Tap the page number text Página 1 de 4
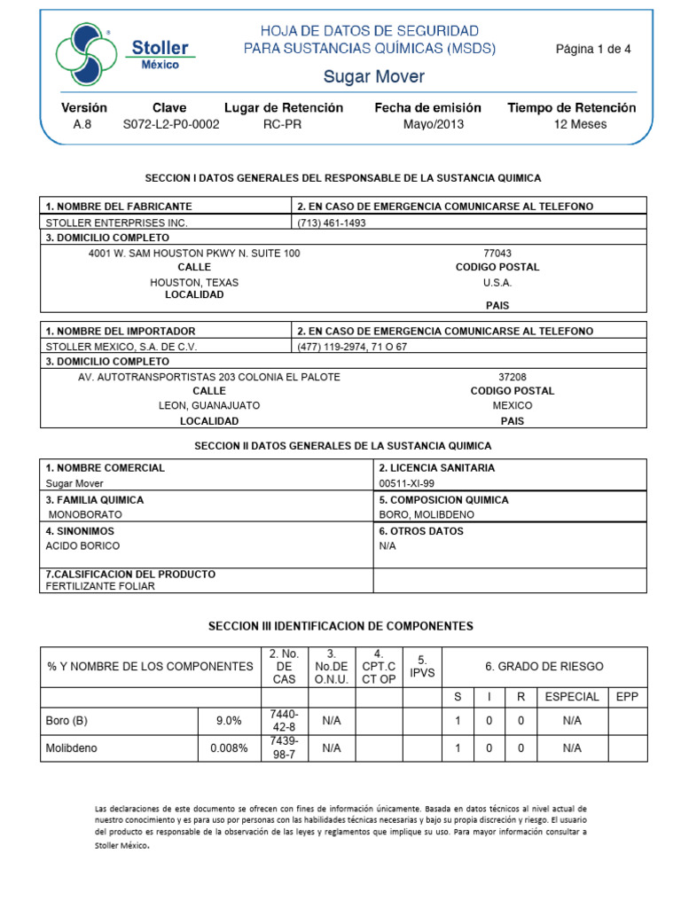(x=593, y=49)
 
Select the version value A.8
(x=82, y=124)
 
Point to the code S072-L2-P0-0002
(x=170, y=124)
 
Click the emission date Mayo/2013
(x=433, y=124)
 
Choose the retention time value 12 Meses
(x=580, y=124)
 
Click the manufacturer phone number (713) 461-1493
(x=332, y=223)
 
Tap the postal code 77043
(x=497, y=253)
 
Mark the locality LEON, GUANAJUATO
(x=209, y=405)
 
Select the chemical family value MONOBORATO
(x=85, y=514)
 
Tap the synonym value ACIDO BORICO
(x=82, y=546)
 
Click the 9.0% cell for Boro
(x=229, y=721)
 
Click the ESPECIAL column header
(x=572, y=697)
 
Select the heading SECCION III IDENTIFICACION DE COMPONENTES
(x=340, y=626)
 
